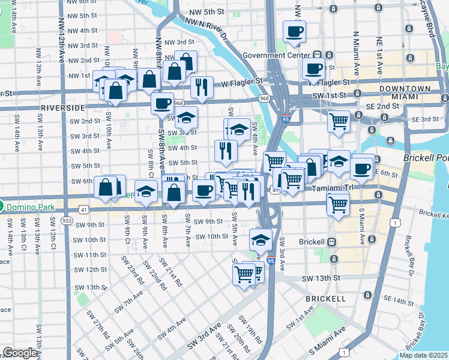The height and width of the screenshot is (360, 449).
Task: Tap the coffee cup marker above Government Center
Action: click(294, 32)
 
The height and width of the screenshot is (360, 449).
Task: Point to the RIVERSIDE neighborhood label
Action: click(63, 107)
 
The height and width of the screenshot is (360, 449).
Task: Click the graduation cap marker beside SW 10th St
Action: click(260, 239)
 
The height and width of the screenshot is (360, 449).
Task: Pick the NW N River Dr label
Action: click(207, 29)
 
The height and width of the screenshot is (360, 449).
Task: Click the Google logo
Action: click(20, 353)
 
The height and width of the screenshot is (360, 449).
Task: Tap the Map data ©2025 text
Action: click(424, 355)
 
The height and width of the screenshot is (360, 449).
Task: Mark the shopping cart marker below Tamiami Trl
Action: click(338, 203)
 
